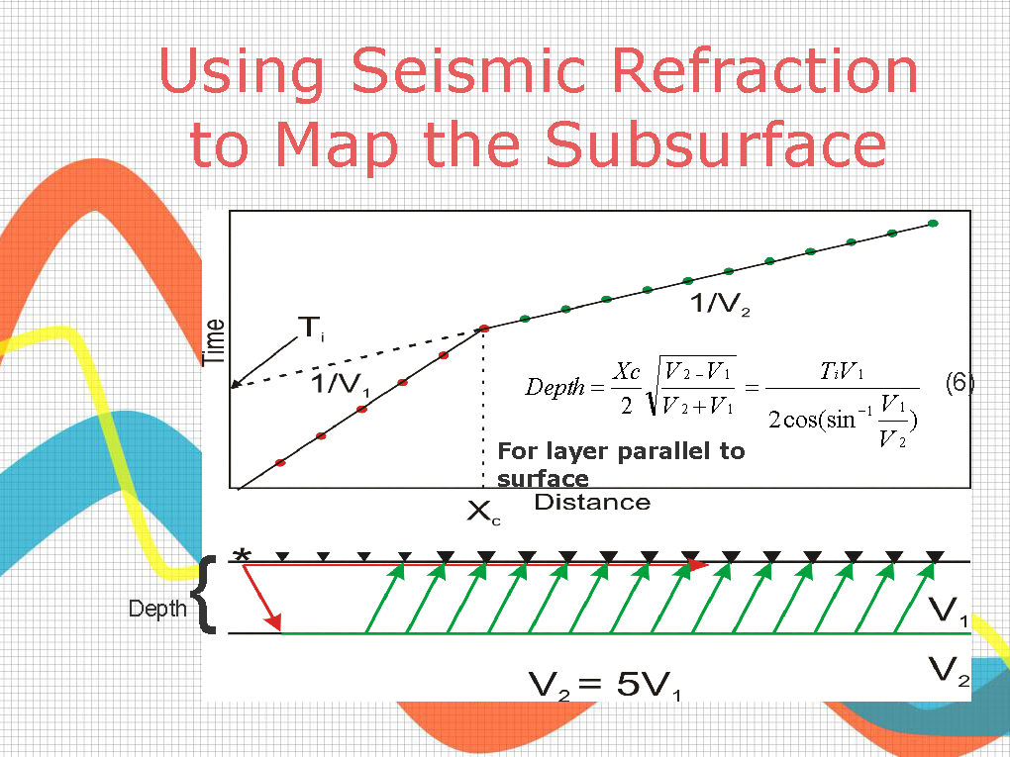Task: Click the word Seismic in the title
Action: tap(468, 73)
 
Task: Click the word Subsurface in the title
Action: tap(716, 143)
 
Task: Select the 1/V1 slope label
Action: tap(341, 385)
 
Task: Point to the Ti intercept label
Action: tap(312, 329)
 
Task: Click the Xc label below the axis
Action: tap(483, 514)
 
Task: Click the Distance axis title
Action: tap(592, 502)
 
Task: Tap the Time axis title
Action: tap(213, 341)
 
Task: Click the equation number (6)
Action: tap(959, 383)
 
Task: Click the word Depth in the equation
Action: tap(555, 388)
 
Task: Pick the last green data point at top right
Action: tap(933, 224)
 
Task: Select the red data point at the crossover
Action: tap(484, 329)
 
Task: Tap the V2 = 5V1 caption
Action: tap(604, 684)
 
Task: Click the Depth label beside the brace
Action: tap(157, 609)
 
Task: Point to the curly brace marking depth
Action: tap(204, 594)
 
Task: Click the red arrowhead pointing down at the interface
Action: tap(273, 622)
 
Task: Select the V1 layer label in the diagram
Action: tap(948, 611)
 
